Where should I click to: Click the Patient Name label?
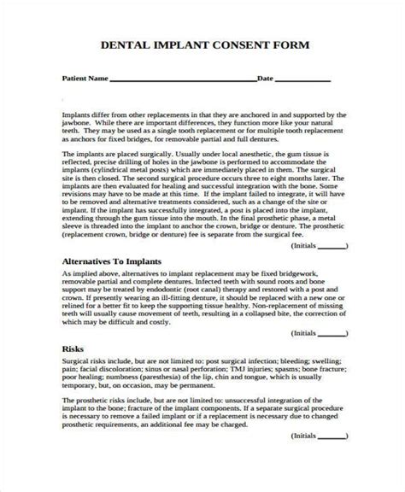[86, 79]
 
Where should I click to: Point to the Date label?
[265, 79]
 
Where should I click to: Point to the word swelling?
[326, 389]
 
